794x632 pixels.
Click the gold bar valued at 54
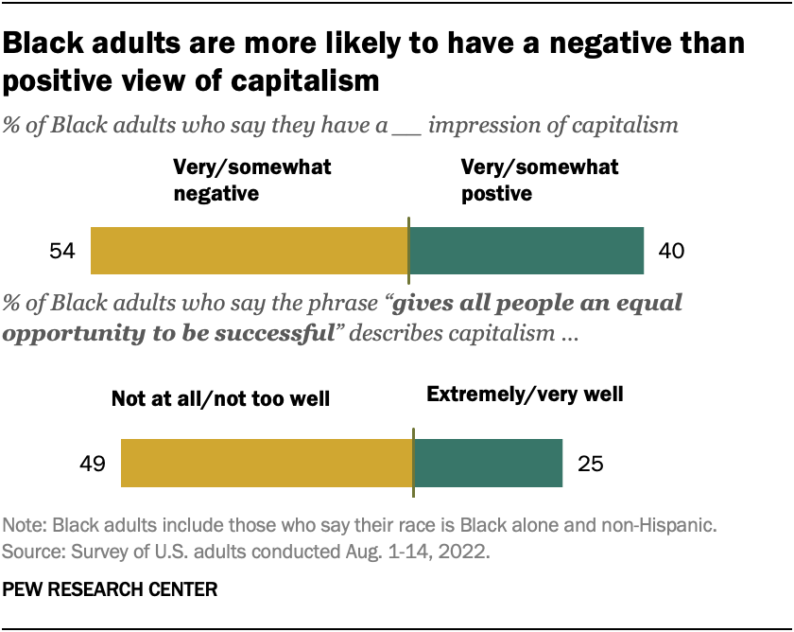[x=249, y=251]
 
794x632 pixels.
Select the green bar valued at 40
[x=526, y=251]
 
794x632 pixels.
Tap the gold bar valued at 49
[x=267, y=464]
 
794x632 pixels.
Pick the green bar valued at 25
[x=488, y=464]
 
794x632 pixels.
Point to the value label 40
[x=670, y=252]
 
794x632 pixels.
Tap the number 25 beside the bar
[x=589, y=465]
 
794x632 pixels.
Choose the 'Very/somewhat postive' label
[x=539, y=181]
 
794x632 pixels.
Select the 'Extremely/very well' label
[x=525, y=394]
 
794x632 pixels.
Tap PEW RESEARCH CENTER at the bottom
[x=111, y=589]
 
